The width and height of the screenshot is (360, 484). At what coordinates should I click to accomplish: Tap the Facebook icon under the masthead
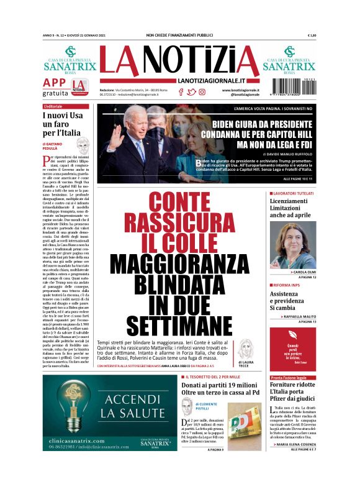[x=181, y=92]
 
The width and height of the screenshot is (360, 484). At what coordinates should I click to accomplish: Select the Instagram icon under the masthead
[x=202, y=92]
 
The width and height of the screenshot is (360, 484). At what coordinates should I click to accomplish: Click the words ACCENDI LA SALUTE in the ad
[x=132, y=405]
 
